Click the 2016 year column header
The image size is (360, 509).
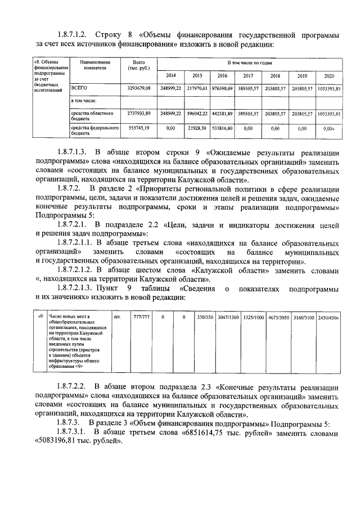(222, 75)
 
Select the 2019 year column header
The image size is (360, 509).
(302, 75)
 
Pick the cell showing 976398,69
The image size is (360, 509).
(222, 89)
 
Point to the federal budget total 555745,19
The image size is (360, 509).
(139, 128)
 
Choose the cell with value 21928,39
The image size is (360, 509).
(197, 128)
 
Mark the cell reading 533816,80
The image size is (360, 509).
(222, 128)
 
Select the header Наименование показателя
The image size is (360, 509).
(94, 64)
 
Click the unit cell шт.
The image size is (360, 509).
(118, 318)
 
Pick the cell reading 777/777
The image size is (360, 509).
(141, 318)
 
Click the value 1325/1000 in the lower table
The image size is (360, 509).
(254, 318)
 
